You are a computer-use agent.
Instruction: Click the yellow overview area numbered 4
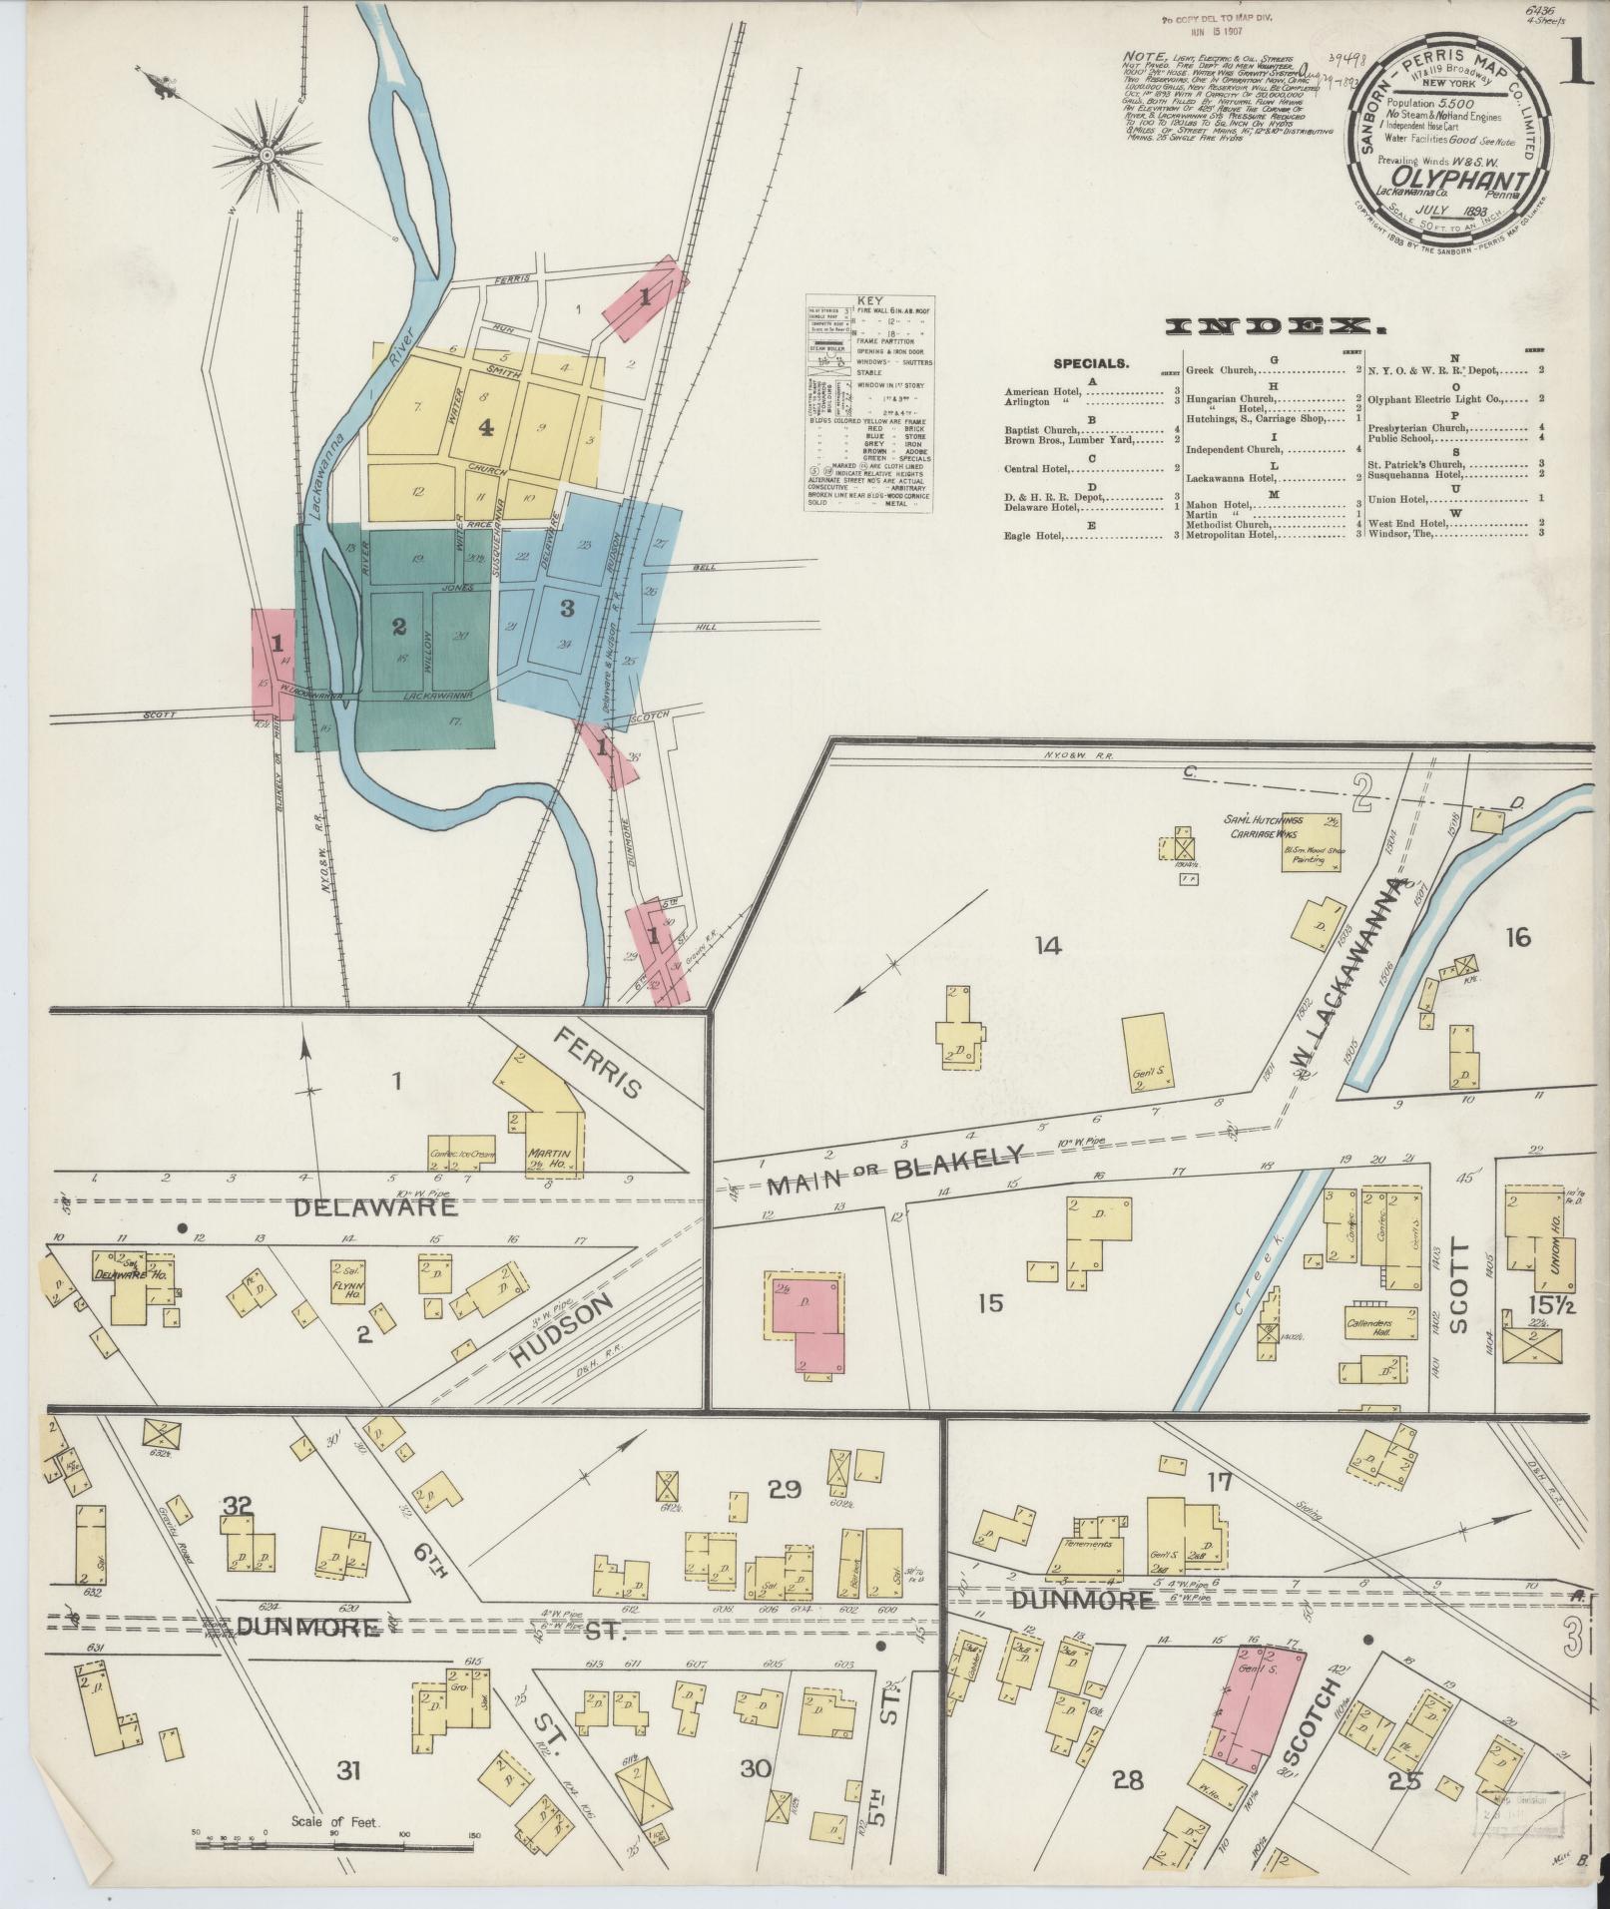(x=486, y=428)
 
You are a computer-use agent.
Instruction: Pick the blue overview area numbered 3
(x=567, y=607)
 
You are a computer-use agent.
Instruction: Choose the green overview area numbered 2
(x=399, y=626)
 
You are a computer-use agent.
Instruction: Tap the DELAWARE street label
(x=374, y=1207)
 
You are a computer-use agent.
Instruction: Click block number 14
(x=1047, y=945)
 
